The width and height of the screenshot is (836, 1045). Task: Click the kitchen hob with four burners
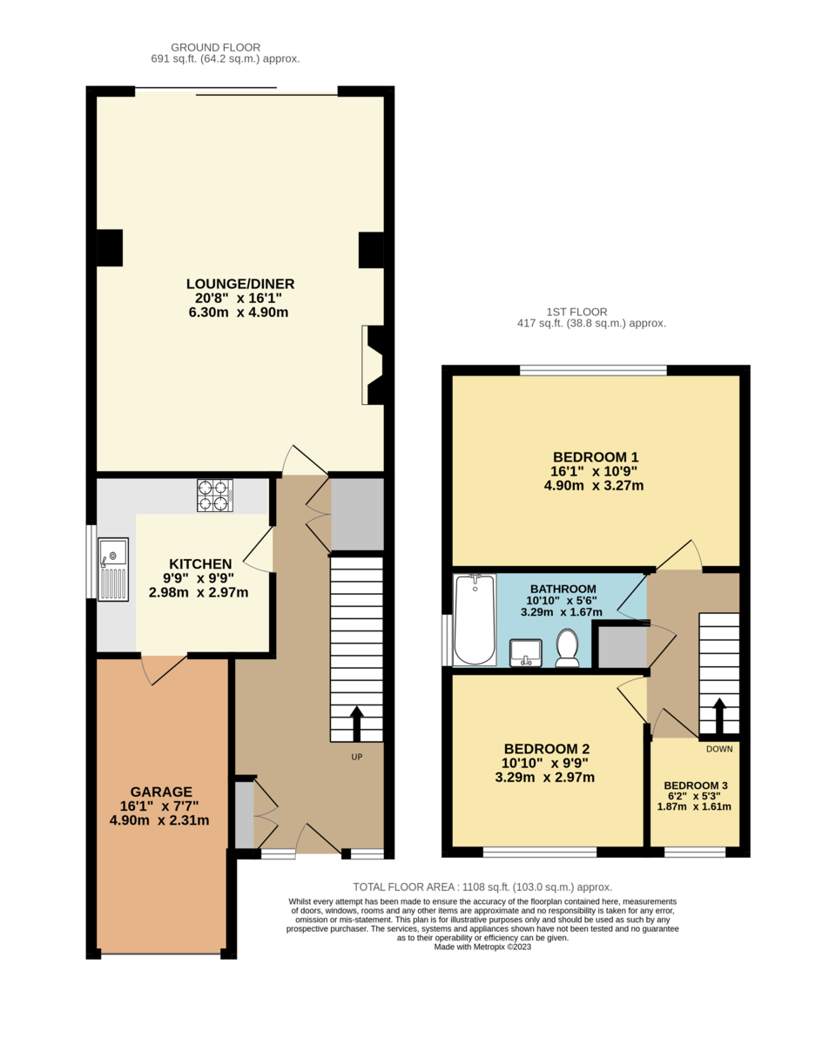click(214, 495)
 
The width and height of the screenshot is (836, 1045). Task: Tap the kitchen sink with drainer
click(113, 569)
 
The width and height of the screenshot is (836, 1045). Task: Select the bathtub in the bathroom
click(475, 619)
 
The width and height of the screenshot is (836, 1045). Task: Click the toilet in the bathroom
click(567, 649)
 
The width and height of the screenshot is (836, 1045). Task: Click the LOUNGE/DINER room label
click(240, 284)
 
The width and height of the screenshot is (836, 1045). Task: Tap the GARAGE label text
click(156, 792)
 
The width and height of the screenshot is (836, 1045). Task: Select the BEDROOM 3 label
click(695, 785)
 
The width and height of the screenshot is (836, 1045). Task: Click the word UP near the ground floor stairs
click(356, 757)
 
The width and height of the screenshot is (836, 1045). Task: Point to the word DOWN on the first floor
click(719, 749)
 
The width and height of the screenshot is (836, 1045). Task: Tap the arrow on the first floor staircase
click(719, 715)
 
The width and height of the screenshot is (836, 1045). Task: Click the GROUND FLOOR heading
click(216, 47)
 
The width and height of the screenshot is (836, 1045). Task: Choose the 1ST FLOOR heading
click(576, 311)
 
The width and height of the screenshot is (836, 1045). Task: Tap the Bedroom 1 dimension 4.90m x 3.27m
click(594, 486)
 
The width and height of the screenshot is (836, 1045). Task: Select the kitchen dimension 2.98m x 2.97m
click(199, 593)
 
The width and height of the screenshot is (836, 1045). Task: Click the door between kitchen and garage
click(164, 669)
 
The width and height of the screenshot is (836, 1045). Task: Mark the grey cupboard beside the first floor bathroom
click(619, 646)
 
